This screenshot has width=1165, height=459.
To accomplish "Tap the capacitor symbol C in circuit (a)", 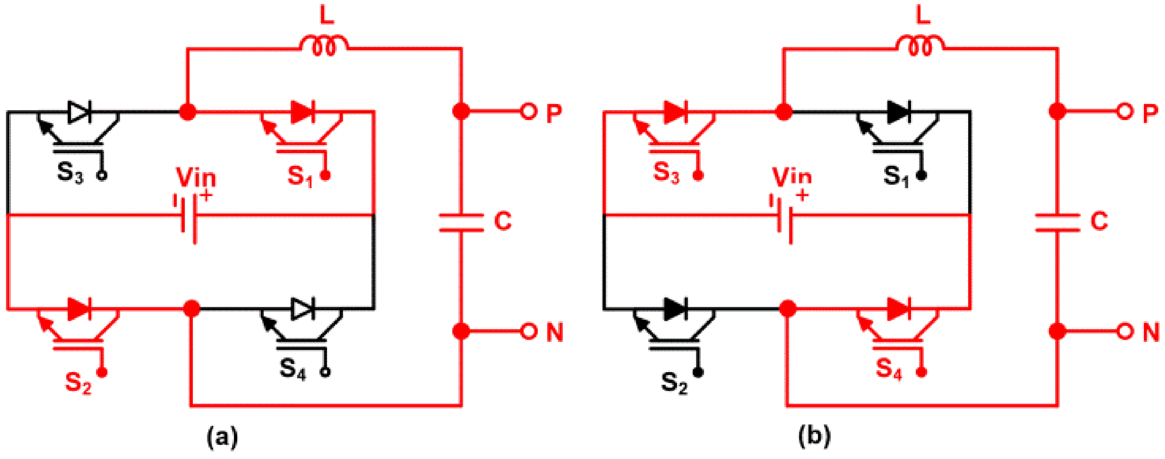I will coord(461,223).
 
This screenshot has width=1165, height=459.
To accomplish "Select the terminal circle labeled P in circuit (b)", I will coord(1124,111).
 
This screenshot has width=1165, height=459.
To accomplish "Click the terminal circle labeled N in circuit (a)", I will coord(528,331).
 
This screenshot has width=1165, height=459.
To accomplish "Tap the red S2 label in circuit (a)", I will coord(78,383).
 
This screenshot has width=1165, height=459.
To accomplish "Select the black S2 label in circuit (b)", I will coord(674,383).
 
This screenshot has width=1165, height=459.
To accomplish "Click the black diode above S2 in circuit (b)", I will coord(675,309).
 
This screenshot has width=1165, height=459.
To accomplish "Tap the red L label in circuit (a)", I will coord(326,16).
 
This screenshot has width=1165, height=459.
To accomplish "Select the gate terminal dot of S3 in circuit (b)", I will coord(698,175).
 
